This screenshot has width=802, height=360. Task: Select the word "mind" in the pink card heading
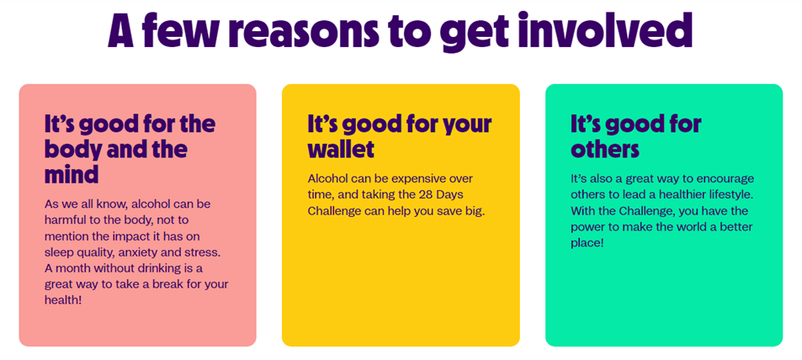(71, 174)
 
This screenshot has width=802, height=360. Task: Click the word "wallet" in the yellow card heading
(341, 149)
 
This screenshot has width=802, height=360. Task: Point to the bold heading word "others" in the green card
(605, 149)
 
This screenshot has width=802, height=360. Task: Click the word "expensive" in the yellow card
(414, 180)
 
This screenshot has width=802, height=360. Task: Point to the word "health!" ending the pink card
(63, 300)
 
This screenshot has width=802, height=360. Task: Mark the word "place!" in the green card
(587, 243)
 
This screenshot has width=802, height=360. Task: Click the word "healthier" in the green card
(685, 195)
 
